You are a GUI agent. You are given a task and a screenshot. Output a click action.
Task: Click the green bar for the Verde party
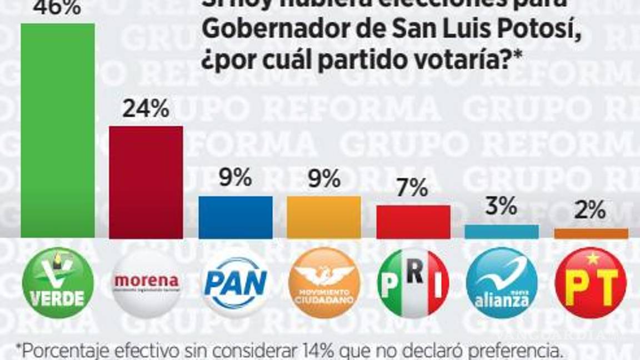point(57,131)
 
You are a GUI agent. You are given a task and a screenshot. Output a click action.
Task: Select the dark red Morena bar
point(146,182)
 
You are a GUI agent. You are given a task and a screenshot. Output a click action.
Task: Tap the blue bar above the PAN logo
point(235,217)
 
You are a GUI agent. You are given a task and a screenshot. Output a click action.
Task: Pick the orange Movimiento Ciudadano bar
point(323,217)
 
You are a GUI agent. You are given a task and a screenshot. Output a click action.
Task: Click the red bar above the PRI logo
point(413,222)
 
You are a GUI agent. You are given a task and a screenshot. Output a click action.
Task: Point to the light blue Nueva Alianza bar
point(501,232)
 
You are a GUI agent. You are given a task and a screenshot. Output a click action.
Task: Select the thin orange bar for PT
point(591,233)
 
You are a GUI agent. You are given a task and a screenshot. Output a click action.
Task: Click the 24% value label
point(146,109)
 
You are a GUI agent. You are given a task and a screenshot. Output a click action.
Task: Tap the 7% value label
point(413,189)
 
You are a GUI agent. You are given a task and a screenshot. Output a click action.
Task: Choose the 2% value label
point(591,212)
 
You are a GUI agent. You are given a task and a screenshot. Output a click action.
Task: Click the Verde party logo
point(57,283)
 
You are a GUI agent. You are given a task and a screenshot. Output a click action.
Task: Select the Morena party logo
point(146,283)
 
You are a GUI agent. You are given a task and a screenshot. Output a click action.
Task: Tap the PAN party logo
point(235,283)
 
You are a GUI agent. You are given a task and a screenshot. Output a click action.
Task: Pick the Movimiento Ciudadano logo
point(323,283)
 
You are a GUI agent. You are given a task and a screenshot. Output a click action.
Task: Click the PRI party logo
point(413,283)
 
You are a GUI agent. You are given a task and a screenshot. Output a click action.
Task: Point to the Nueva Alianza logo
point(501,283)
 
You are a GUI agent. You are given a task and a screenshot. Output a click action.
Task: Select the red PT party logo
point(591,283)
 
